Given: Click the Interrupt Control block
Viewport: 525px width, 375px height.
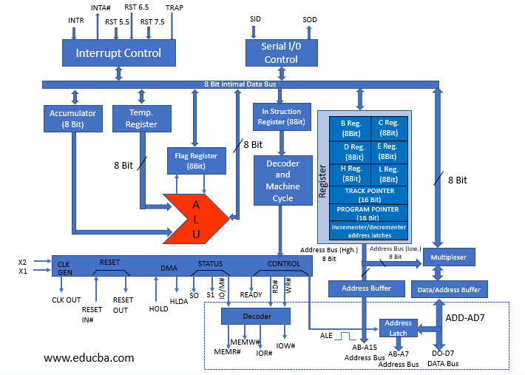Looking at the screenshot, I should [118, 53].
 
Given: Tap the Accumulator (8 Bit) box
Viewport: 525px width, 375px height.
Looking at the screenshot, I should [73, 118].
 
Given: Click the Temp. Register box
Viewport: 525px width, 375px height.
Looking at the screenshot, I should [141, 118].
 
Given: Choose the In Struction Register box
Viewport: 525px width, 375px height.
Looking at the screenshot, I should [281, 116].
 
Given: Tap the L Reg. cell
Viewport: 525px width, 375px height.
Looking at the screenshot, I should [388, 174].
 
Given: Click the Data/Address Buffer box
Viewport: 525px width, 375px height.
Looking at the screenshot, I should [449, 289].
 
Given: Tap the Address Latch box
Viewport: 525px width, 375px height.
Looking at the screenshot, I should [398, 328].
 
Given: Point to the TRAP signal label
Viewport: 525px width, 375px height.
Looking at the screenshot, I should [175, 7].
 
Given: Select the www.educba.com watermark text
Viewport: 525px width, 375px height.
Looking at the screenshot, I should [89, 357].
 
